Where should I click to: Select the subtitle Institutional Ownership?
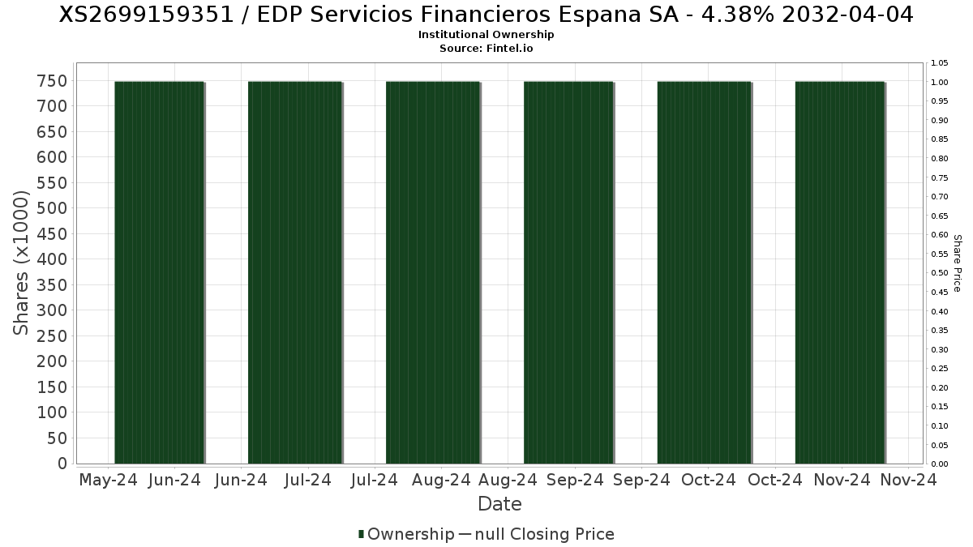tap(486, 35)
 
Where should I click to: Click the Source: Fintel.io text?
tap(486, 48)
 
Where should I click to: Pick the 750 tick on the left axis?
tap(51, 80)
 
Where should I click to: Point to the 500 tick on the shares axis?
tap(51, 208)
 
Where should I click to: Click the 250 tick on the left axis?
tap(51, 335)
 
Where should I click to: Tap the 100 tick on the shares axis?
tap(51, 412)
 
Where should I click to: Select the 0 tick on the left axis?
tap(61, 464)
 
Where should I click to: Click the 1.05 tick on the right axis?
tap(940, 63)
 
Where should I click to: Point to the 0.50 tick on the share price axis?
tap(940, 273)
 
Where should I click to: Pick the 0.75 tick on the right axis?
tap(940, 177)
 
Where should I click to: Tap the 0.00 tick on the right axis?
tap(940, 464)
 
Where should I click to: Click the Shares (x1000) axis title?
tap(22, 263)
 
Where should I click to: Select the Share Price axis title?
tap(957, 263)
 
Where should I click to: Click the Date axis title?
tap(499, 504)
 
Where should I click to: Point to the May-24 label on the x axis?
tap(109, 480)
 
